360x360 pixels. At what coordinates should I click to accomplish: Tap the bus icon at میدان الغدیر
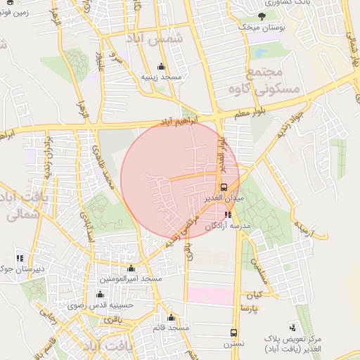click(224, 187)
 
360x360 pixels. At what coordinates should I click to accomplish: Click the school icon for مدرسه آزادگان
click(227, 215)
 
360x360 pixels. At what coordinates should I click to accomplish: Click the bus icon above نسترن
click(233, 333)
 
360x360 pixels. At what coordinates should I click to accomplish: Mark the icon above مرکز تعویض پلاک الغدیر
click(293, 327)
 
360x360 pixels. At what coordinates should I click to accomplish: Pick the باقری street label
click(113, 320)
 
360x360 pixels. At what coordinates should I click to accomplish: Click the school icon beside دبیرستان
click(20, 258)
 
